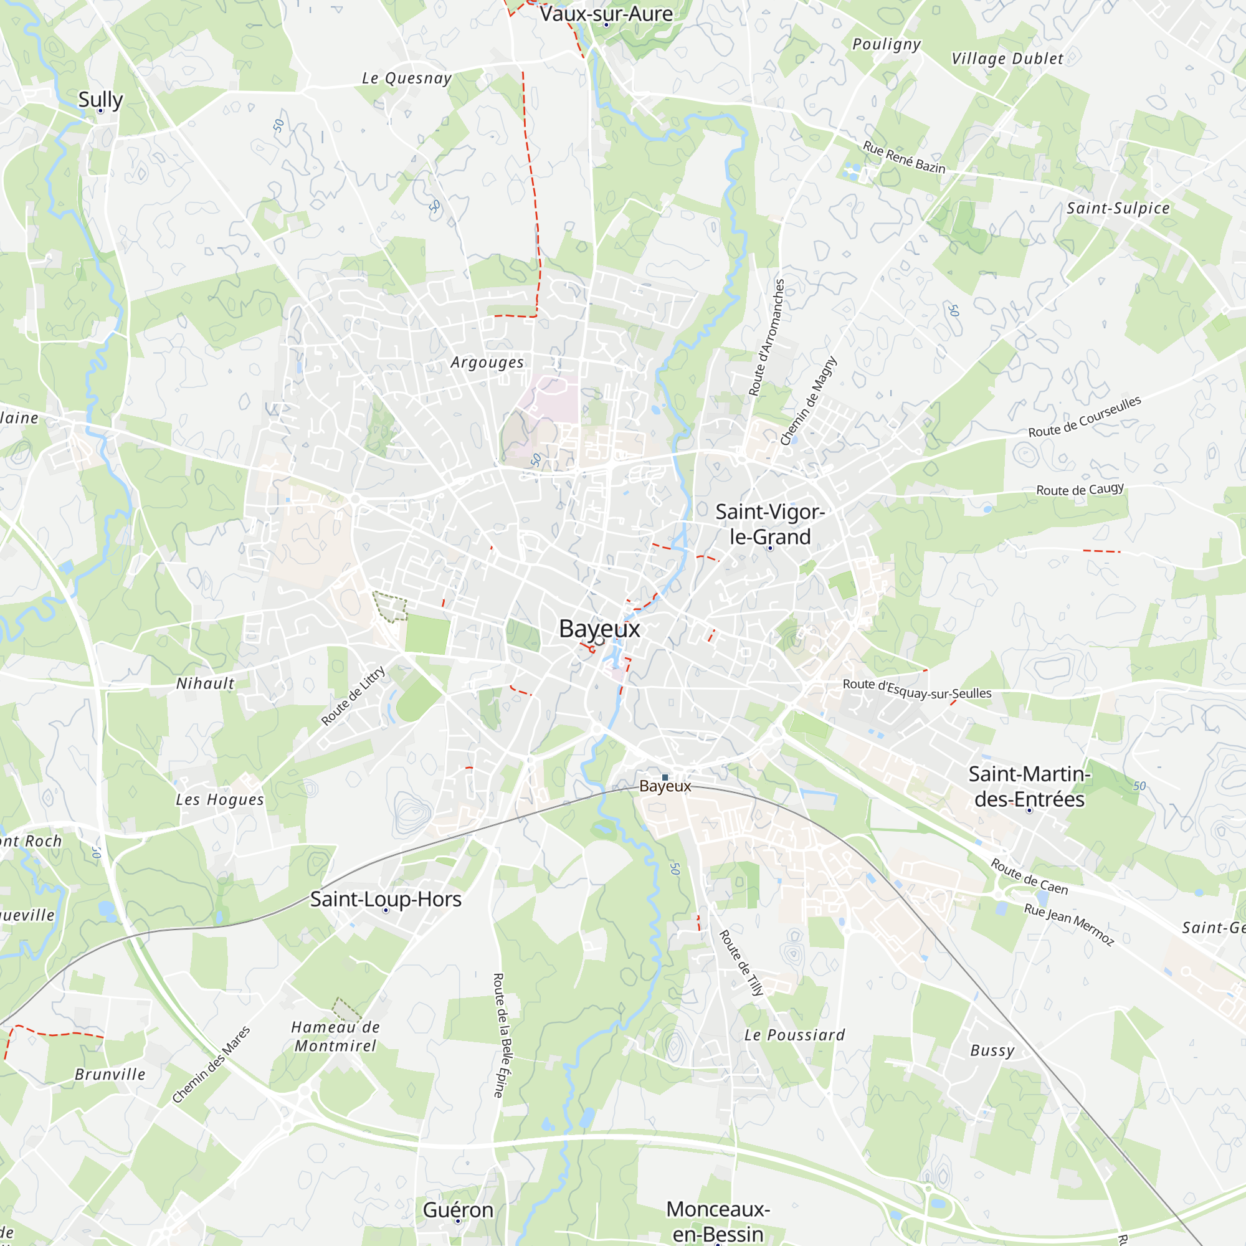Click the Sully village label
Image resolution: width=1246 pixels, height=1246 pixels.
(100, 99)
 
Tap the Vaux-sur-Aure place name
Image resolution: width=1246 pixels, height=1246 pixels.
(606, 14)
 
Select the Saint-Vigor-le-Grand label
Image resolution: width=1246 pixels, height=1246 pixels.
(770, 524)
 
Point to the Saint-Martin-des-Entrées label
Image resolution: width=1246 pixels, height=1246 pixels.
(1029, 786)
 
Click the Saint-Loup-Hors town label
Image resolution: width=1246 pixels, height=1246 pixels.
(386, 899)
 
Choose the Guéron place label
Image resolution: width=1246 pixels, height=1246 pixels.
(458, 1210)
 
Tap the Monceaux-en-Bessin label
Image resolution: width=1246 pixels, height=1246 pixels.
(718, 1221)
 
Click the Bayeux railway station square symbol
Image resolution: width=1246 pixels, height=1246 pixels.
(665, 778)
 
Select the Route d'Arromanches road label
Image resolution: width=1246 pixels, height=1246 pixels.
(766, 337)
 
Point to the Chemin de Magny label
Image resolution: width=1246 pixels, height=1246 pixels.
(808, 401)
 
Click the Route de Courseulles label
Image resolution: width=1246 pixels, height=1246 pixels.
(1085, 417)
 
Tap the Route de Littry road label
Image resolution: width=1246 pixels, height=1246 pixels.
(353, 695)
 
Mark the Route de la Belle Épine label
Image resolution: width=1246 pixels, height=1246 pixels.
(502, 1035)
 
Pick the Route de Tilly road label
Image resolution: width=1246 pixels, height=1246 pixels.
(741, 963)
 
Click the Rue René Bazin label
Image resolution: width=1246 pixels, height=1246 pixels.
(904, 158)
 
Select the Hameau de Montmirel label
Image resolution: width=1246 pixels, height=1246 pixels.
(335, 1037)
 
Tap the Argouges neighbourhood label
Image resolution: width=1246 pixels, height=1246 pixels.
(488, 363)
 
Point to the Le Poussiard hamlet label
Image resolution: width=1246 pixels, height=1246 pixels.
(794, 1035)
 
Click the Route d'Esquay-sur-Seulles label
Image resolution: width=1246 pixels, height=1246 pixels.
(917, 689)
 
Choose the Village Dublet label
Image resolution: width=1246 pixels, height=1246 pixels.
(1007, 59)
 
